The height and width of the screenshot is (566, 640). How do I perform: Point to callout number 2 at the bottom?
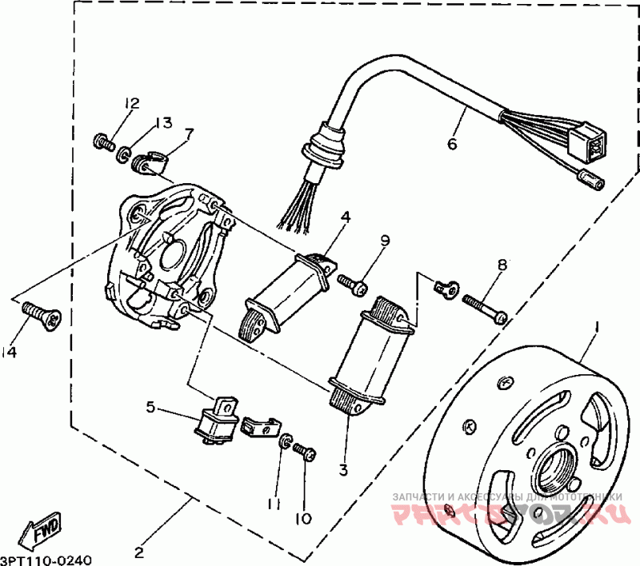139,552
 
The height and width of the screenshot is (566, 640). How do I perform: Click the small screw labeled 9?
351,283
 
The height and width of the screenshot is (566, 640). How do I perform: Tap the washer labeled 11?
284,441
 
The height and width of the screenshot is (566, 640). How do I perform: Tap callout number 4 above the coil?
345,216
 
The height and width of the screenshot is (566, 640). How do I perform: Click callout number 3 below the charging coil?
342,470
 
